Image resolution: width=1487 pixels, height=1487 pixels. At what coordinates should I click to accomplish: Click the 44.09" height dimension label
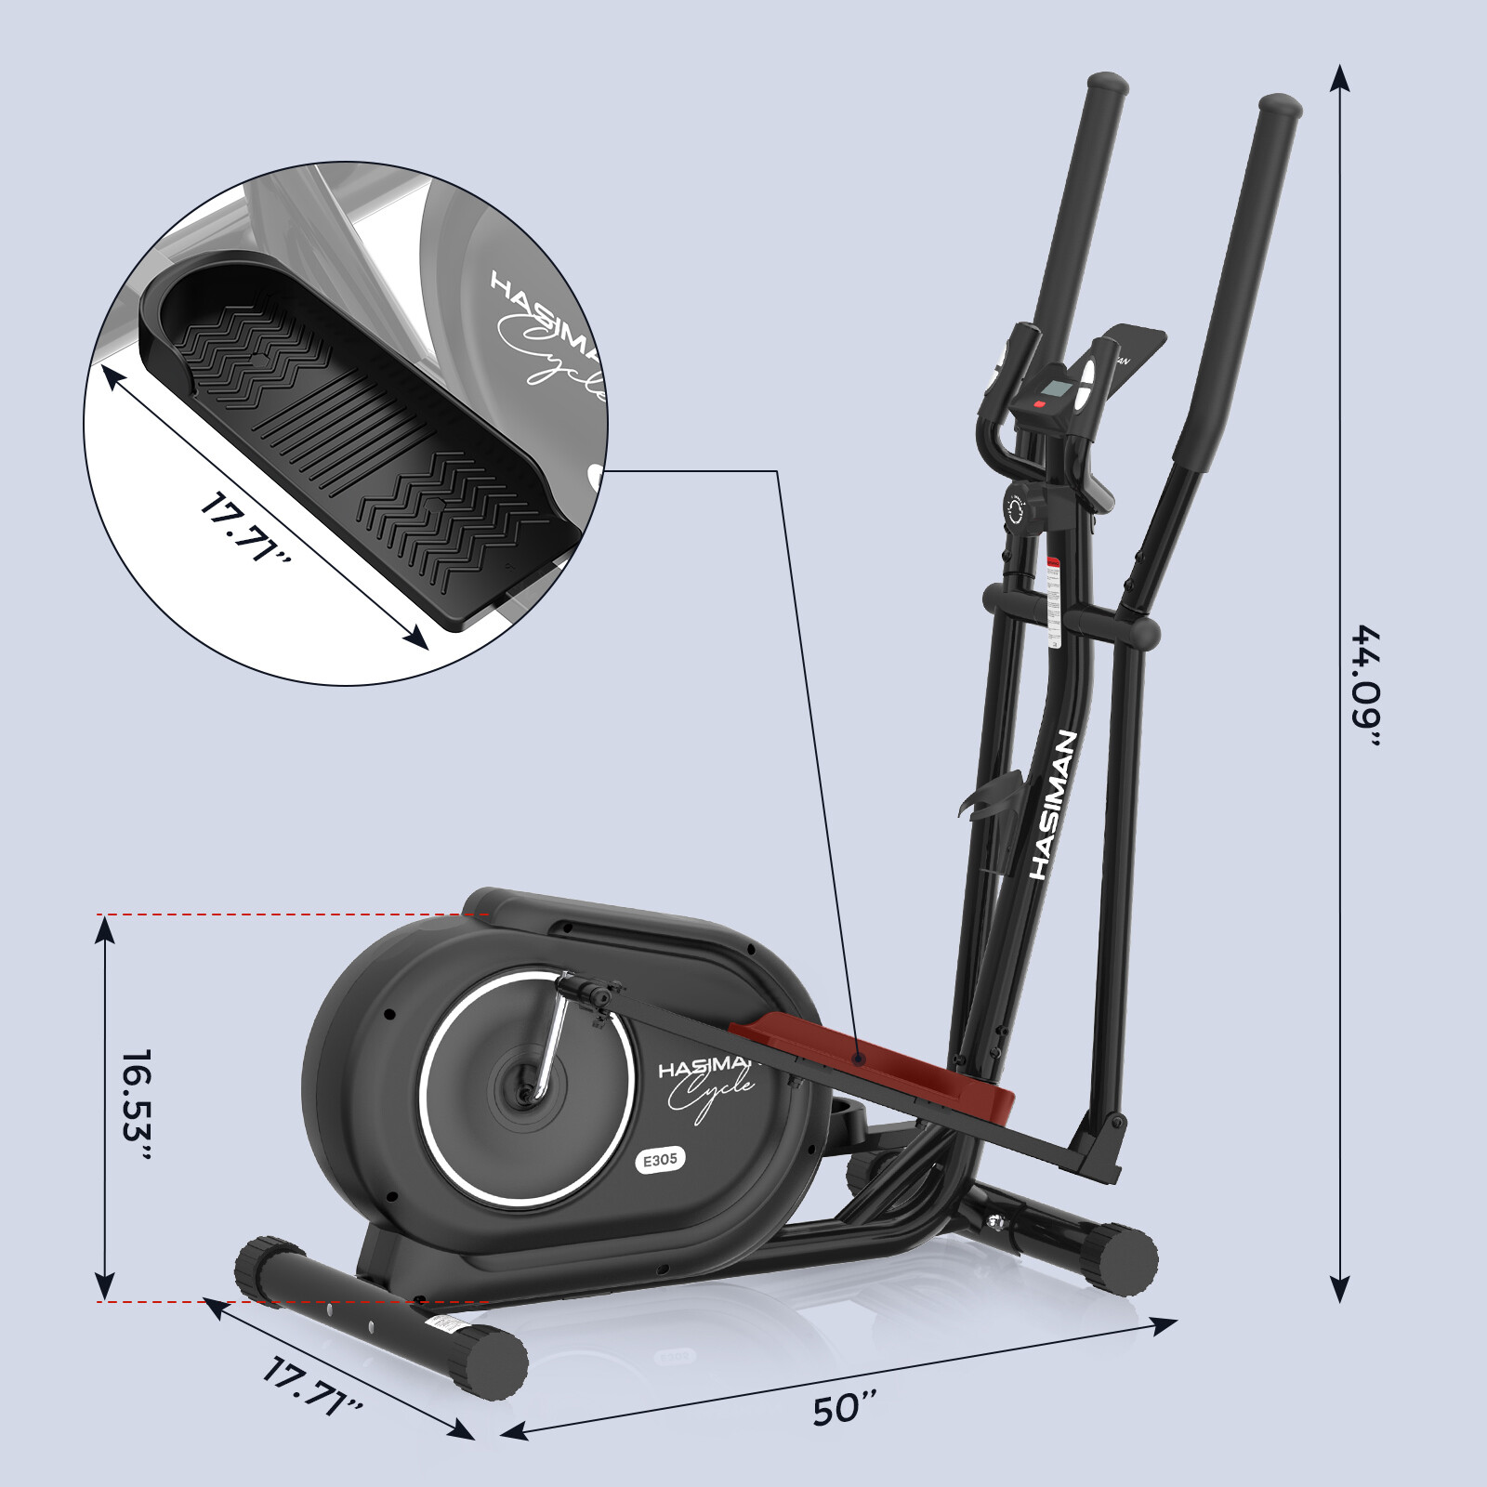tap(1366, 687)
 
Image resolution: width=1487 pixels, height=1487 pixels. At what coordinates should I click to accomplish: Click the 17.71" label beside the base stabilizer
tap(312, 1399)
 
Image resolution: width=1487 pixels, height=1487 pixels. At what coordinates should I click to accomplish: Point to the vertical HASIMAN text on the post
tap(1054, 805)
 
